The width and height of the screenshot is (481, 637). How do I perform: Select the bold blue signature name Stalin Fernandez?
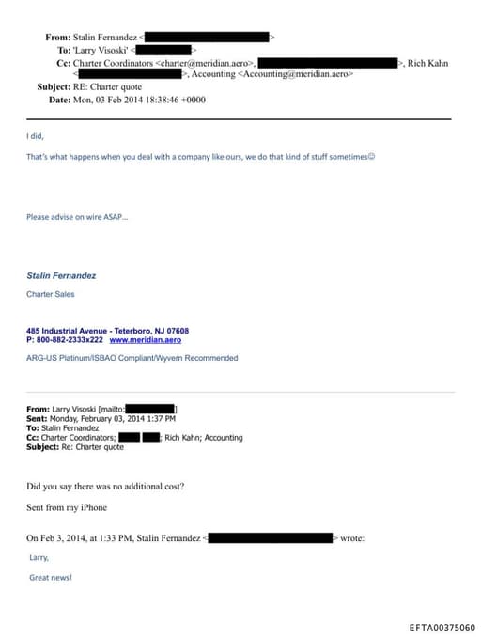coord(61,276)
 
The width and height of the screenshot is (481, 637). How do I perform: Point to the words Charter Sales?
coord(50,294)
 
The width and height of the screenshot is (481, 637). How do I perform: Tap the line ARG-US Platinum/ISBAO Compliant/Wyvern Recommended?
coord(132,358)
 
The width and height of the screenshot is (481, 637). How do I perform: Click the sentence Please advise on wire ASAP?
coord(77,217)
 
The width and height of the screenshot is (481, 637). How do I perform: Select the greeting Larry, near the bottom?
coord(39,557)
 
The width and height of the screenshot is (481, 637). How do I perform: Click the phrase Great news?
coord(51,578)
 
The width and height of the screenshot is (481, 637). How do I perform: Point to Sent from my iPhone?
coord(67,507)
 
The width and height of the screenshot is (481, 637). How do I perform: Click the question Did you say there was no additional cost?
coord(105,486)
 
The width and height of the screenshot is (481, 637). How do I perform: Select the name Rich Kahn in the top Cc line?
coord(427,63)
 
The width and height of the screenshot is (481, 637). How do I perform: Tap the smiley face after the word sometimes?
coord(372,156)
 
